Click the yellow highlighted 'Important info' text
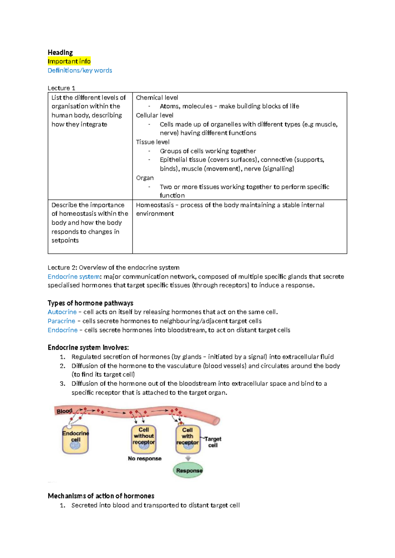coord(69,62)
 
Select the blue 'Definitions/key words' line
coord(80,70)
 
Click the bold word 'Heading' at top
coord(60,53)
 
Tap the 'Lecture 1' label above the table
coord(62,88)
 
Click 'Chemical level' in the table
coord(157,98)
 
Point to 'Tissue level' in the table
coord(153,142)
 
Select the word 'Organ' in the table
coord(145,178)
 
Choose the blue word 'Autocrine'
coord(62,312)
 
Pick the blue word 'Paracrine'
coord(62,321)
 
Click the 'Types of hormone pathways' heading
coord(91,303)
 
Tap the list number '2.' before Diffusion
coord(63,366)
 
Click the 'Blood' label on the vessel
coord(64,411)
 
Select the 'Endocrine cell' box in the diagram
coord(75,440)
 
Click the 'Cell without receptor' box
coord(144,439)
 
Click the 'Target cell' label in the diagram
coord(213,442)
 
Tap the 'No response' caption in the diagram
coord(145,459)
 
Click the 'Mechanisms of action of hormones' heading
coord(101,496)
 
